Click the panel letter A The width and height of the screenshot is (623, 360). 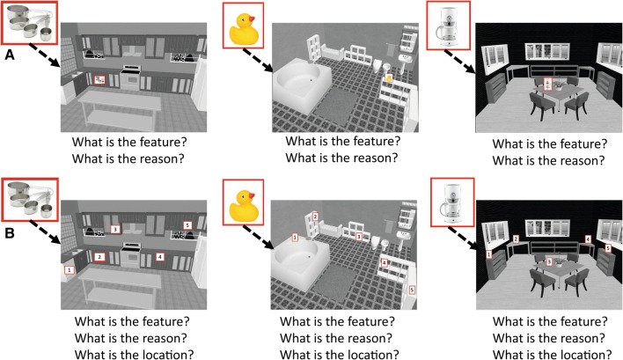(9, 55)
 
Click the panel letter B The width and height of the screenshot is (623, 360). (9, 232)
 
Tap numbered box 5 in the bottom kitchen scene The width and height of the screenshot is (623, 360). (187, 225)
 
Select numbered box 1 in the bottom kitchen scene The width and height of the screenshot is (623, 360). (70, 270)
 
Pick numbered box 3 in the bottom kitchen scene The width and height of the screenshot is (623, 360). (114, 229)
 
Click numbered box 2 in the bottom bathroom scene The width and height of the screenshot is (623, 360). (316, 217)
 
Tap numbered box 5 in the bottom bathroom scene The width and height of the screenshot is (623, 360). (412, 290)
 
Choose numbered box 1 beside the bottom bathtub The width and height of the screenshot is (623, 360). (295, 238)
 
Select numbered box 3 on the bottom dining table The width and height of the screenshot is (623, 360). (549, 261)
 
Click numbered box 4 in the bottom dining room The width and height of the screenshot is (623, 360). (588, 239)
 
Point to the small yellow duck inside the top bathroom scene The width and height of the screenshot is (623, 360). (389, 77)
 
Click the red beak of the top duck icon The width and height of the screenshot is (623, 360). (251, 18)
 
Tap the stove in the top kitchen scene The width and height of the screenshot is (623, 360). (131, 77)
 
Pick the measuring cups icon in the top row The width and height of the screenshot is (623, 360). (30, 22)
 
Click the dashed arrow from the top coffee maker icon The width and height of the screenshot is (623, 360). (459, 62)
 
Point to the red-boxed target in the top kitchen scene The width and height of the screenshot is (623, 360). (99, 79)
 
